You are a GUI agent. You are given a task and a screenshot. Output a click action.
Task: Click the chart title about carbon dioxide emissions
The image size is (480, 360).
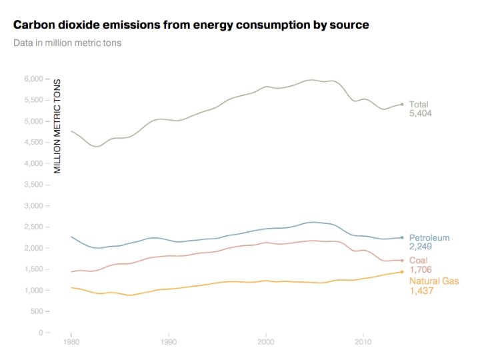click(191, 25)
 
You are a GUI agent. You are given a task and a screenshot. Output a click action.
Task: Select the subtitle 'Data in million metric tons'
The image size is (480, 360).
click(67, 43)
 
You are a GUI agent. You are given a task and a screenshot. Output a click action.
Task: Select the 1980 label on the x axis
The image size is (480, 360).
click(71, 344)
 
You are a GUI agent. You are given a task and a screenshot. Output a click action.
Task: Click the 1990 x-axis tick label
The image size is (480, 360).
click(169, 344)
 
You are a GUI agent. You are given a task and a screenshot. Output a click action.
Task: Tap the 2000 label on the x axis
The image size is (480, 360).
click(266, 344)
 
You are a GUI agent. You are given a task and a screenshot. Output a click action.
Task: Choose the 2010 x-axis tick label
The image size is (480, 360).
click(363, 344)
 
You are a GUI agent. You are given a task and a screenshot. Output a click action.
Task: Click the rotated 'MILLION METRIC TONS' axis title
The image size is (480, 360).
click(58, 126)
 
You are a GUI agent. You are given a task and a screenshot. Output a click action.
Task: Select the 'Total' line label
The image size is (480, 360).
click(419, 104)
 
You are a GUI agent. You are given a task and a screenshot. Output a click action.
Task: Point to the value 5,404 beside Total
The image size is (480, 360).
click(421, 114)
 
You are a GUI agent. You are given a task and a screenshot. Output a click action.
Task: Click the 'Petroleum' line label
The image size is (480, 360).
click(429, 238)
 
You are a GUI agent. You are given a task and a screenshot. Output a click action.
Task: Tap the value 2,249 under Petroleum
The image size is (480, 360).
click(421, 247)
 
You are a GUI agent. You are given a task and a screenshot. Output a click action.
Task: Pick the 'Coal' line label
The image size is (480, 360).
click(418, 261)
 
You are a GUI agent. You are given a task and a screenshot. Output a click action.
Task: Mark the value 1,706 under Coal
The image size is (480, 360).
click(421, 270)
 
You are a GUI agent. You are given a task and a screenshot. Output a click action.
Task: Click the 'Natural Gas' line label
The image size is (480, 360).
click(434, 281)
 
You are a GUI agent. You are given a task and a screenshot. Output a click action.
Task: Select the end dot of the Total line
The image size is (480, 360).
click(402, 104)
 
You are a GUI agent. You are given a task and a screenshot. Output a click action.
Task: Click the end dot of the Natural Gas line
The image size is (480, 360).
click(402, 272)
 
